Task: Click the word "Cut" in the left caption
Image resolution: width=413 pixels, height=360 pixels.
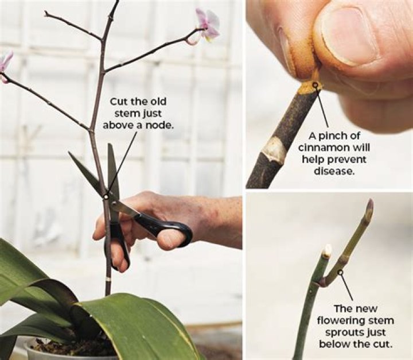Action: [119, 102]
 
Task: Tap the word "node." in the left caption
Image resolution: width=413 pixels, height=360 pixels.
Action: [161, 124]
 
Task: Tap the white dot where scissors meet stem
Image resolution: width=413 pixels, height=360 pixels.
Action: [106, 196]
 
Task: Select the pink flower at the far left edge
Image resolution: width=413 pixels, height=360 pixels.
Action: [5, 62]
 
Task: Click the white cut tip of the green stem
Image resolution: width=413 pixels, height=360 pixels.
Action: [328, 250]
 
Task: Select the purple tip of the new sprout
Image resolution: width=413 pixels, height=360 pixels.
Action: [369, 204]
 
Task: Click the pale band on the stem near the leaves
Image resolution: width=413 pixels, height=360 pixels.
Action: [107, 279]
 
